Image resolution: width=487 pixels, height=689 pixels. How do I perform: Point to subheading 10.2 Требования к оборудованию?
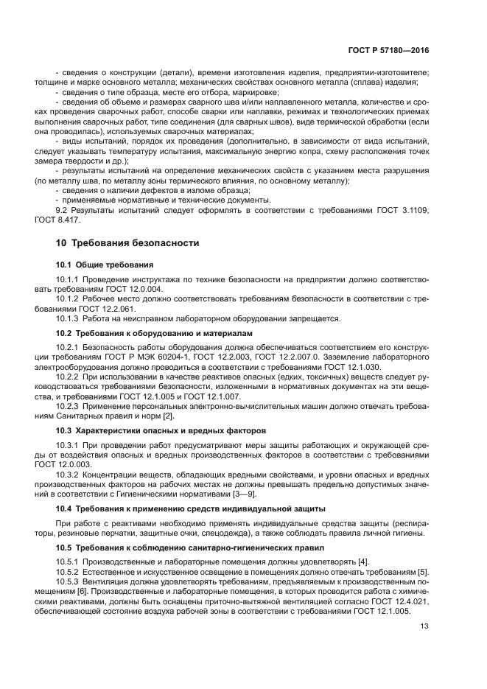(x=154, y=333)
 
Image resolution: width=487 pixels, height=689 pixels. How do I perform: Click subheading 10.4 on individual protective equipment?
(x=191, y=508)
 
